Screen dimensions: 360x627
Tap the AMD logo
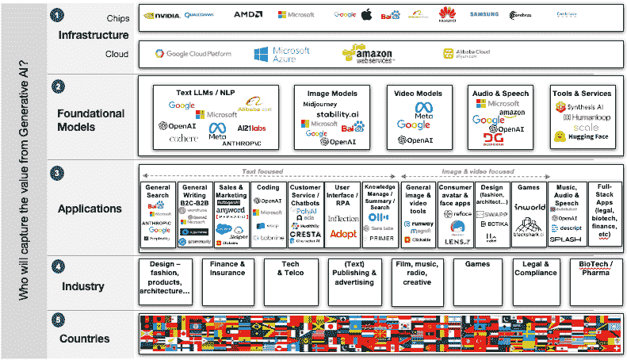(x=247, y=15)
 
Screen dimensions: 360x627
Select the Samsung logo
(x=484, y=15)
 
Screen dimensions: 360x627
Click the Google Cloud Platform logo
(x=193, y=54)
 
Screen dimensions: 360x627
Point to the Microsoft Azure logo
(x=281, y=54)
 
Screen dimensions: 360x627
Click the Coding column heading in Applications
(x=270, y=188)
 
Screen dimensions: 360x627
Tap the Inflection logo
(x=342, y=219)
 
